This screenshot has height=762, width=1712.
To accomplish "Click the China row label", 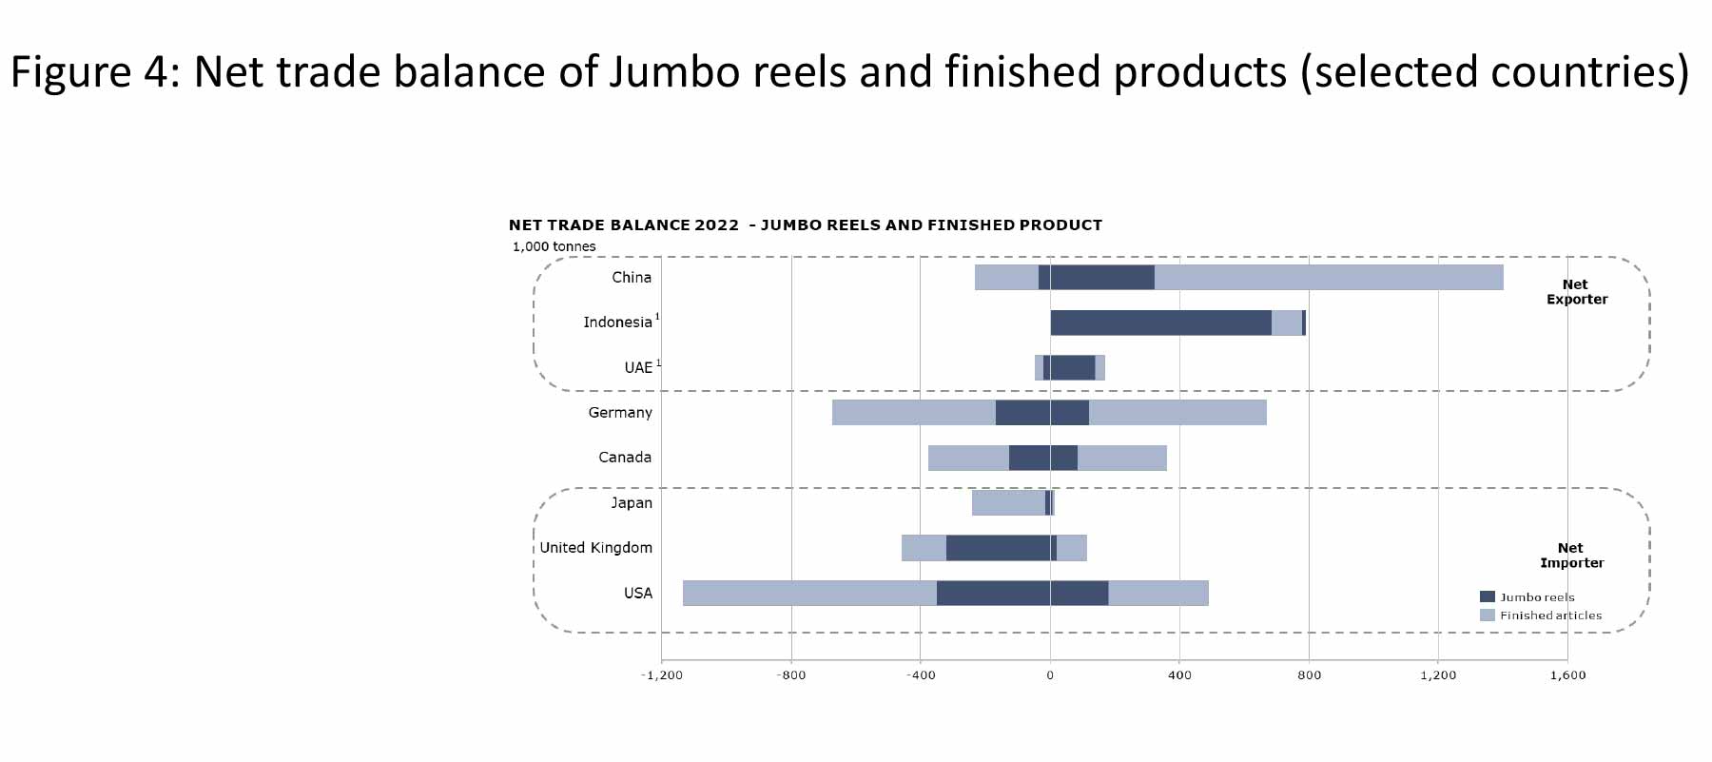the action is (x=632, y=278).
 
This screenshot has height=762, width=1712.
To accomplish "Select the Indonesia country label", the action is (x=617, y=322).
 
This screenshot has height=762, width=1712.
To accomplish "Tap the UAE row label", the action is (x=638, y=367).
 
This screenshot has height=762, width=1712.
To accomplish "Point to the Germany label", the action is (x=620, y=413).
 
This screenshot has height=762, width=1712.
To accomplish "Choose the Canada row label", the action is (x=625, y=458).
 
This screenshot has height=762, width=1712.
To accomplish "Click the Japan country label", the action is (x=632, y=503).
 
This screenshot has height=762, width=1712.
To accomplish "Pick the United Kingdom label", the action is (x=596, y=548).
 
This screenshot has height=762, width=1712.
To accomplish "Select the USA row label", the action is (x=638, y=594).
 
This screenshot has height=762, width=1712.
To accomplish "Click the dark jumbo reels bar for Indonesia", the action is (x=1160, y=322).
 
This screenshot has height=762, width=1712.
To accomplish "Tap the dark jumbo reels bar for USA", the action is (x=1022, y=594).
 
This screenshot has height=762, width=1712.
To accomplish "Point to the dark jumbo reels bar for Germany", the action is (x=1042, y=413).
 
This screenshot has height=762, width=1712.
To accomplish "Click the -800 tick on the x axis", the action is (x=791, y=675).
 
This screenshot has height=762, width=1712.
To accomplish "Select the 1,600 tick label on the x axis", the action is (x=1568, y=675).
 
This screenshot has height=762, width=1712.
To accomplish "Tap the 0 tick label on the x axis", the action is (x=1050, y=675).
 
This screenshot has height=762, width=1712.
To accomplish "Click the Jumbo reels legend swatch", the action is (x=1488, y=596).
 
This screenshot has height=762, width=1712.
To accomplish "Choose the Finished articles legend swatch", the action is (x=1488, y=615).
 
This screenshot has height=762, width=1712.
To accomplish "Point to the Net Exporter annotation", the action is (x=1577, y=292).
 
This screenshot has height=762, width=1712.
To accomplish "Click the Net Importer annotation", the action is (x=1571, y=556).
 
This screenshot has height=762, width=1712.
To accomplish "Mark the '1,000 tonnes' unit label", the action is (x=554, y=246).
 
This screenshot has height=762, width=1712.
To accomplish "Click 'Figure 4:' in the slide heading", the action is (x=95, y=72).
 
